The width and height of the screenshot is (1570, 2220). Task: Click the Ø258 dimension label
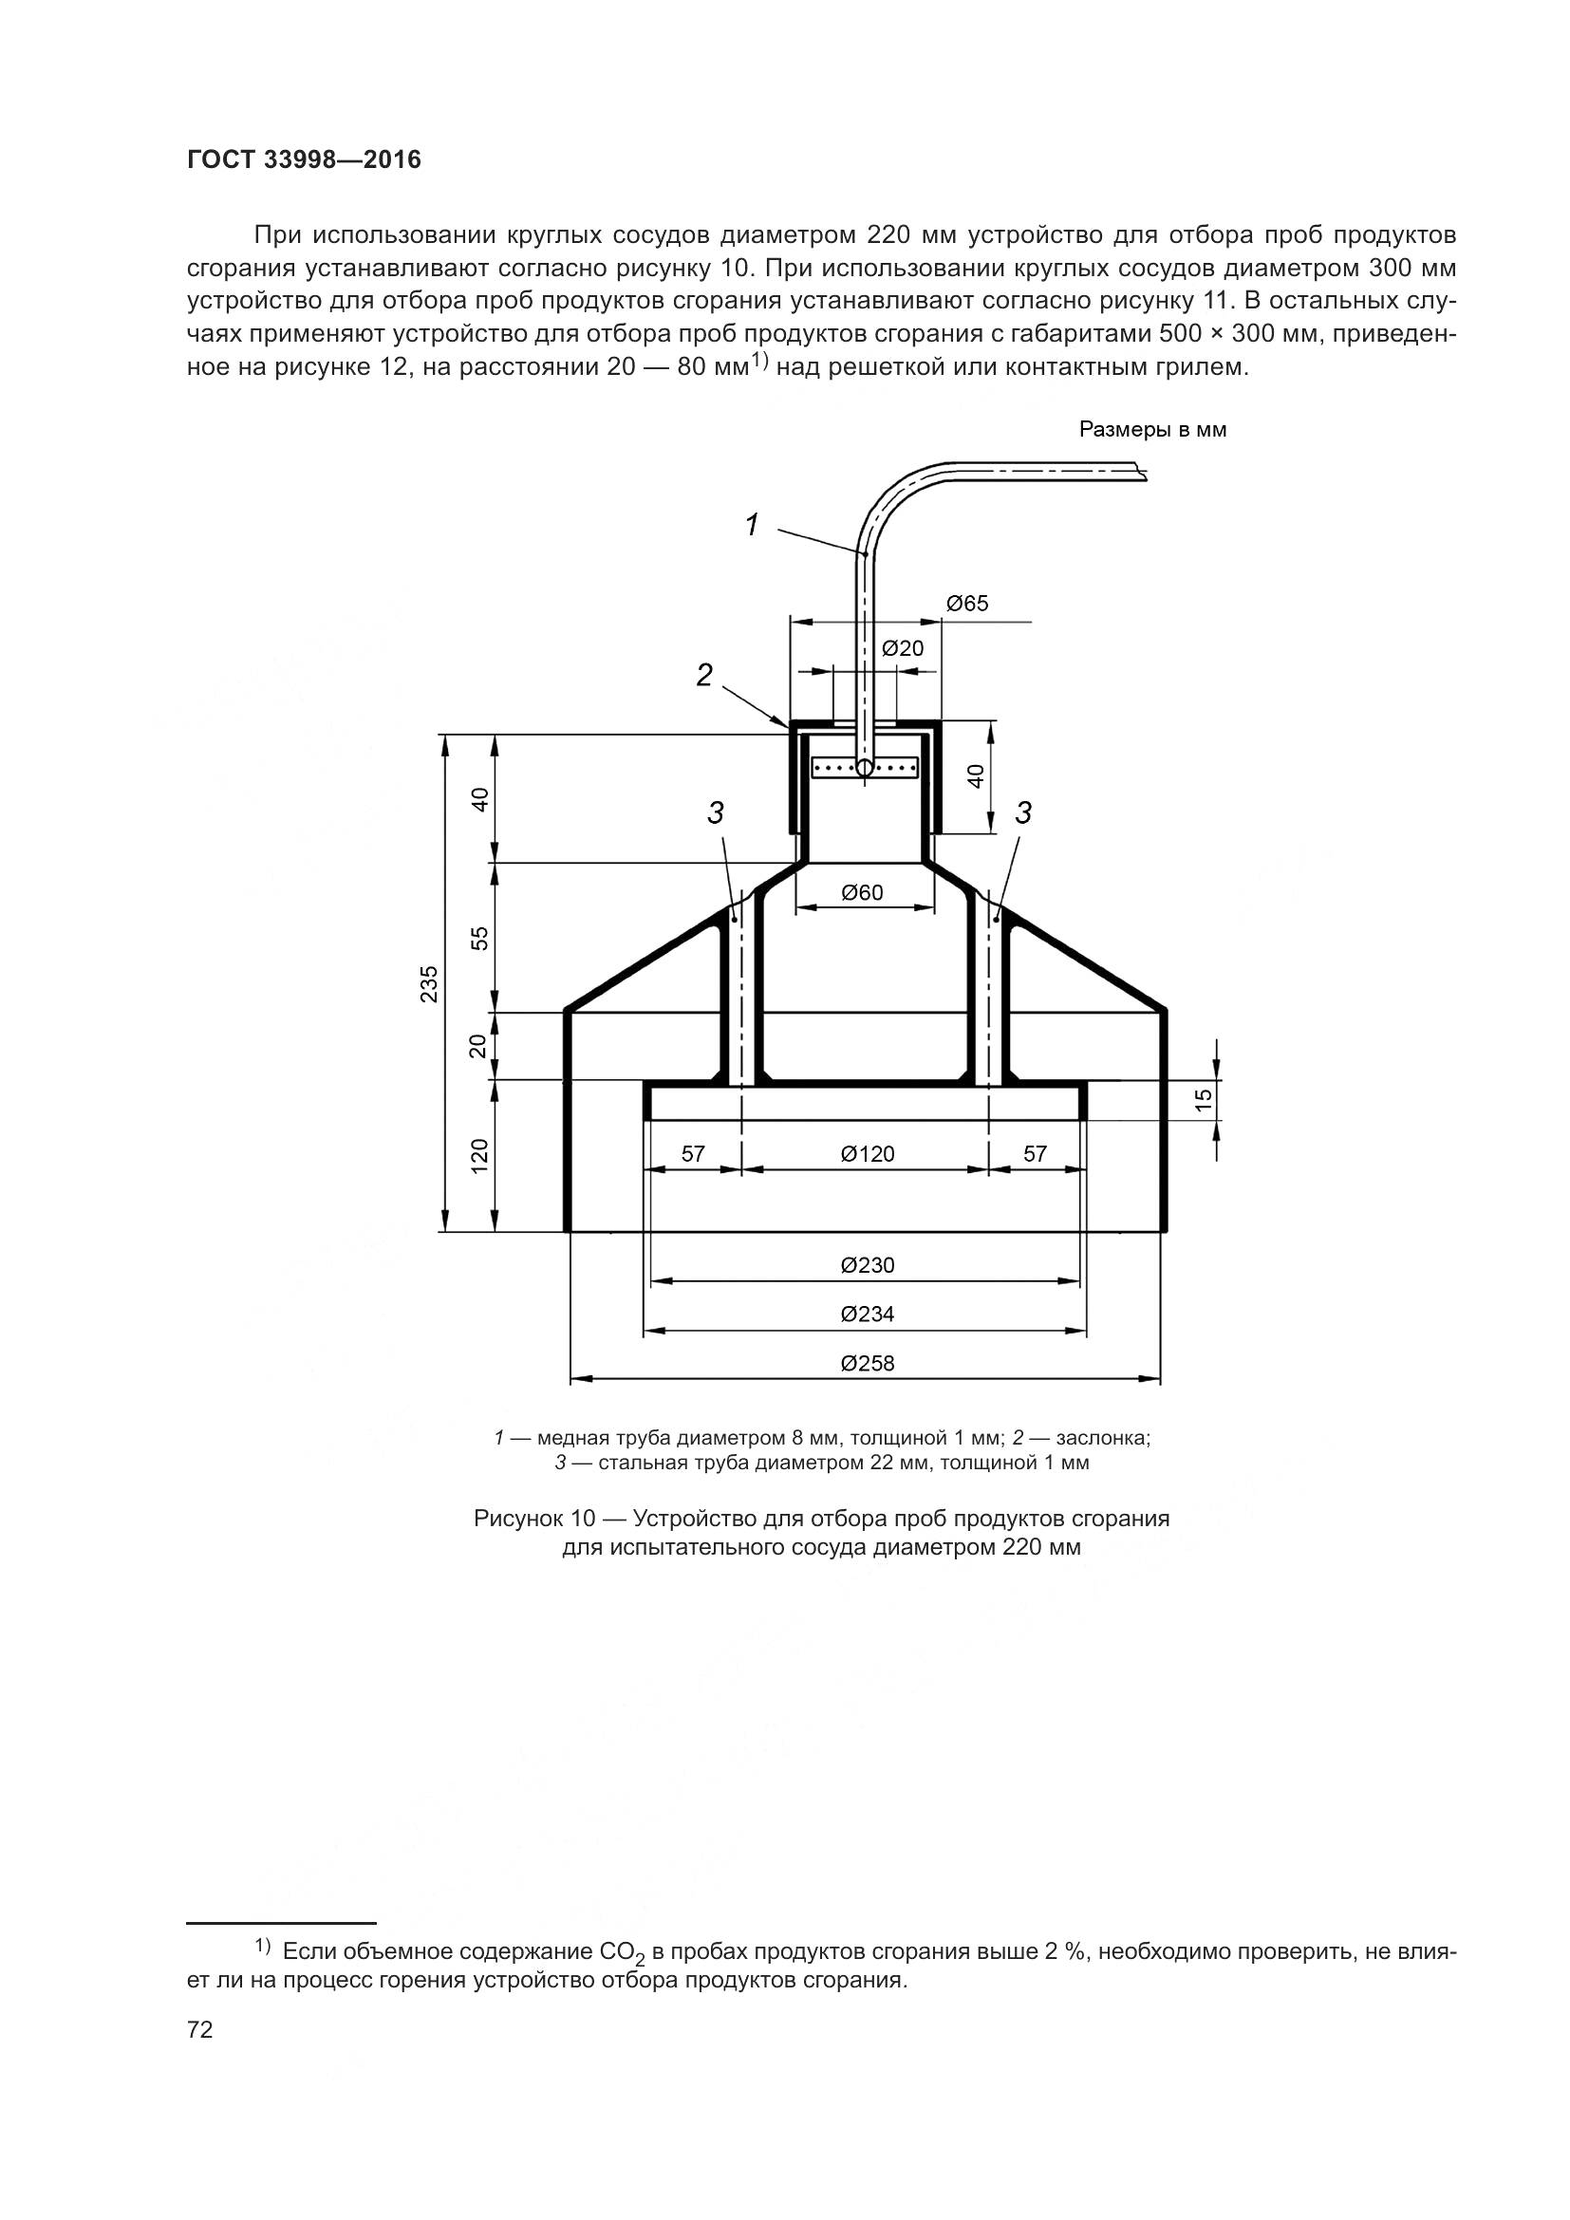(868, 1363)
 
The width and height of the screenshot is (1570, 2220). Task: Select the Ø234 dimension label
(868, 1314)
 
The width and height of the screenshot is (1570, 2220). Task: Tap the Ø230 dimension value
(868, 1264)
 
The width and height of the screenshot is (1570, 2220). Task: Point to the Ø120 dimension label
(868, 1153)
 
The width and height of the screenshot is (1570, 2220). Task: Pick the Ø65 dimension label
(966, 605)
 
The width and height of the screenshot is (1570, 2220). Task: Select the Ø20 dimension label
(903, 649)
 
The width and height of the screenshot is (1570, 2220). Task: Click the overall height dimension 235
(429, 983)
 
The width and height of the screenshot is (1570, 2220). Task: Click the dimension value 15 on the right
(1203, 1100)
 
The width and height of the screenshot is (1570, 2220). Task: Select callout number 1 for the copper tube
(751, 525)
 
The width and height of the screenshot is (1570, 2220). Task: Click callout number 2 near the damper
(704, 675)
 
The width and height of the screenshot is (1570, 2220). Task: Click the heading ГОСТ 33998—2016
(305, 160)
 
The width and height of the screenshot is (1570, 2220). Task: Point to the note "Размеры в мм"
(1152, 430)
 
